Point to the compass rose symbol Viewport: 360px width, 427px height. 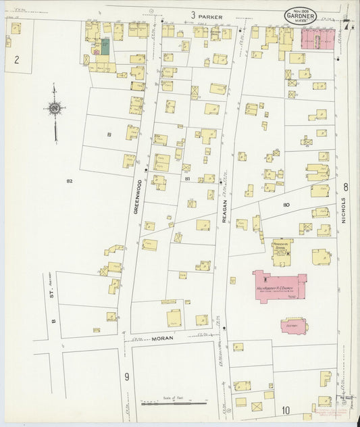(55, 107)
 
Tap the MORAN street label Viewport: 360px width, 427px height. (162, 338)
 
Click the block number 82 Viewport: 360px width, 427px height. (70, 181)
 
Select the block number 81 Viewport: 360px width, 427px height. (187, 178)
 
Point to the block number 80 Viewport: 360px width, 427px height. (286, 204)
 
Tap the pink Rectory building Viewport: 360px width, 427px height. (294, 326)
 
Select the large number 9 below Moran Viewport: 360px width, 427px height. (126, 376)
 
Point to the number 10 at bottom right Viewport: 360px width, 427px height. (286, 409)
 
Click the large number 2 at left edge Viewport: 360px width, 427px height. (17, 59)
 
